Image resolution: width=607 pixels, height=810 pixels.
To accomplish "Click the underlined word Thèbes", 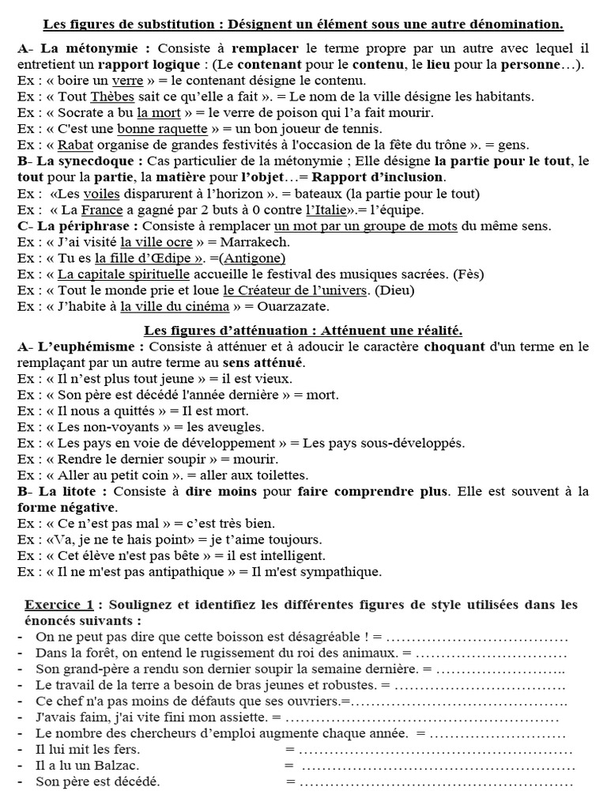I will [111, 97].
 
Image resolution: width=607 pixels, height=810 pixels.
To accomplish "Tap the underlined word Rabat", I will [76, 145].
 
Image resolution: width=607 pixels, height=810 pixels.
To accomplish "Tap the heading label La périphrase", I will [77, 226].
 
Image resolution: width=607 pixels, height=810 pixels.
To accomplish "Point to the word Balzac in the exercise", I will [117, 765].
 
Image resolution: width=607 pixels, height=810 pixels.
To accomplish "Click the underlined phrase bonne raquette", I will [162, 129].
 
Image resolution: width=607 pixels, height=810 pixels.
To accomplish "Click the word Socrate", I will [82, 113].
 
